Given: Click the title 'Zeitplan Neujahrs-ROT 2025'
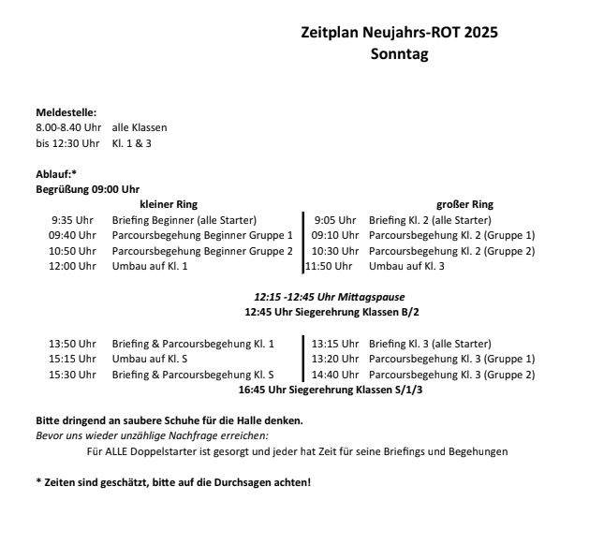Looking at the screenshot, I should coord(399,32).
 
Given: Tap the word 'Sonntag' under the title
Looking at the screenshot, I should coord(399,54).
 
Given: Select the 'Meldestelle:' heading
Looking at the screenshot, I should coord(66,112).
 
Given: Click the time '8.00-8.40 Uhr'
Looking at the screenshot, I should coord(67,127).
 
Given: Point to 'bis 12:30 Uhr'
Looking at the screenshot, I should coord(67,142).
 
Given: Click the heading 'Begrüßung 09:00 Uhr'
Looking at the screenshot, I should coord(87,188).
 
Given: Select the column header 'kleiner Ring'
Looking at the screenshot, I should coord(169,204).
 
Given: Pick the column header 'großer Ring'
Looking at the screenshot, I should coord(464,204).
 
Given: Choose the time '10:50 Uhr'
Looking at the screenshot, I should coord(72,251).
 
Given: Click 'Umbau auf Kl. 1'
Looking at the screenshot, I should coord(150,266).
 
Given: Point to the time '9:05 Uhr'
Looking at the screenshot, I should coord(335,220).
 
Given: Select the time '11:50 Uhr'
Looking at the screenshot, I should coord(331,266).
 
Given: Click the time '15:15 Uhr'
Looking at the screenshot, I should coord(72,360).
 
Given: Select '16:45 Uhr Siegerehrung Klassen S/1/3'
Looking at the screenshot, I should coord(331,390).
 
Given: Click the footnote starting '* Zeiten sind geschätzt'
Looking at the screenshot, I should coord(172,481).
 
